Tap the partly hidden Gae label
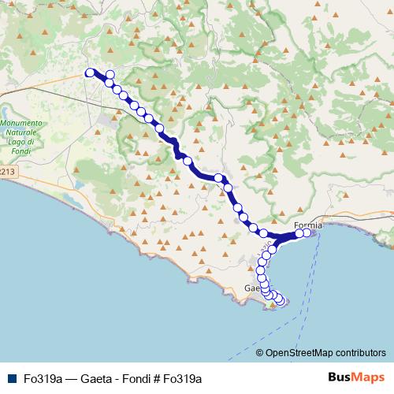tap(251, 288)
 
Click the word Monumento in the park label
tap(24, 123)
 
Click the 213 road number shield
tap(7, 170)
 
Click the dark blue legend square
tap(12, 378)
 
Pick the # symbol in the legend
tap(156, 378)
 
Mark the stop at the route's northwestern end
tap(89, 72)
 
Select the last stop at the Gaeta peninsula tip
tap(280, 299)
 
